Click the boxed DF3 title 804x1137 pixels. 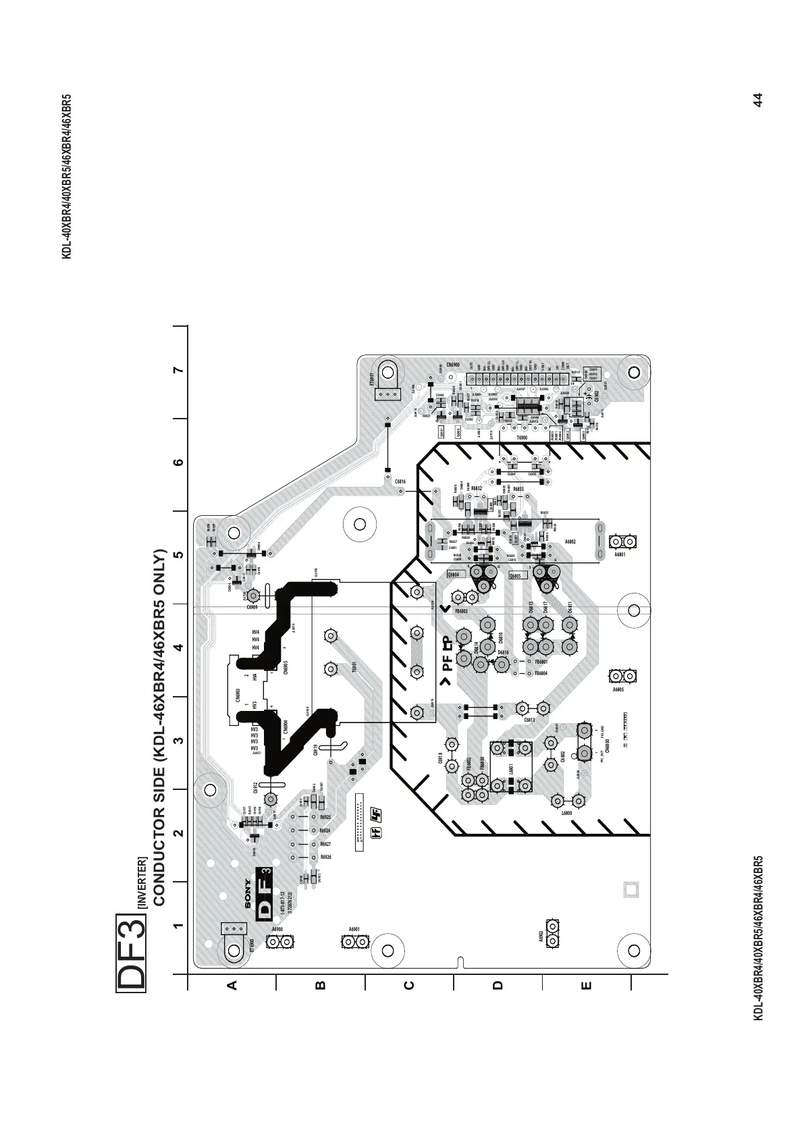131,953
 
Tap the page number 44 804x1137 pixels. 757,99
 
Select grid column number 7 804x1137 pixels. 178,371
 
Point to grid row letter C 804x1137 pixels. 408,985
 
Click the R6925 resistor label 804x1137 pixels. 325,818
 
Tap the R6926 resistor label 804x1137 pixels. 325,857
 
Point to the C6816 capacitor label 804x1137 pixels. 400,481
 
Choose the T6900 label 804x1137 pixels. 521,438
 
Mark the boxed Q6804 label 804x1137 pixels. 454,575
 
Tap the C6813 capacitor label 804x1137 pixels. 529,720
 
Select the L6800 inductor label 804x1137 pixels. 567,814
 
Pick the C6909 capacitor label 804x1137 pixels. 252,608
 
